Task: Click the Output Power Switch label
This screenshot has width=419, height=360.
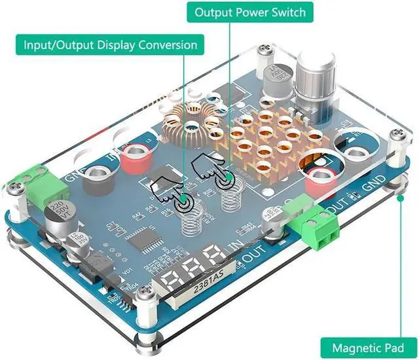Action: pos(250,12)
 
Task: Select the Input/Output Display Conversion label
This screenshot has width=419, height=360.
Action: pos(111,45)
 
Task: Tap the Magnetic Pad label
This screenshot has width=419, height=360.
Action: pos(367,347)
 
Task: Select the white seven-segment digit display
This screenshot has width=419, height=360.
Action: pos(196,266)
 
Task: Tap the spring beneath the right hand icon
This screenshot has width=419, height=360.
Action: pos(230,196)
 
